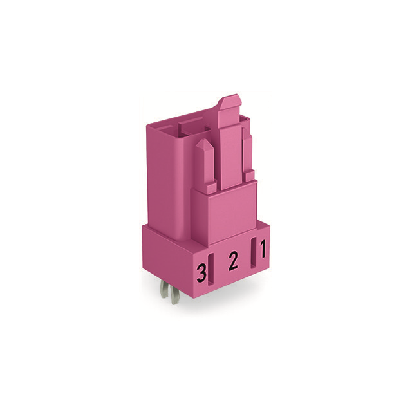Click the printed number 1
coord(263,246)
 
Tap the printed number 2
coord(233,261)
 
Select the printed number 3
coord(201,274)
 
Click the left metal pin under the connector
coord(164,294)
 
